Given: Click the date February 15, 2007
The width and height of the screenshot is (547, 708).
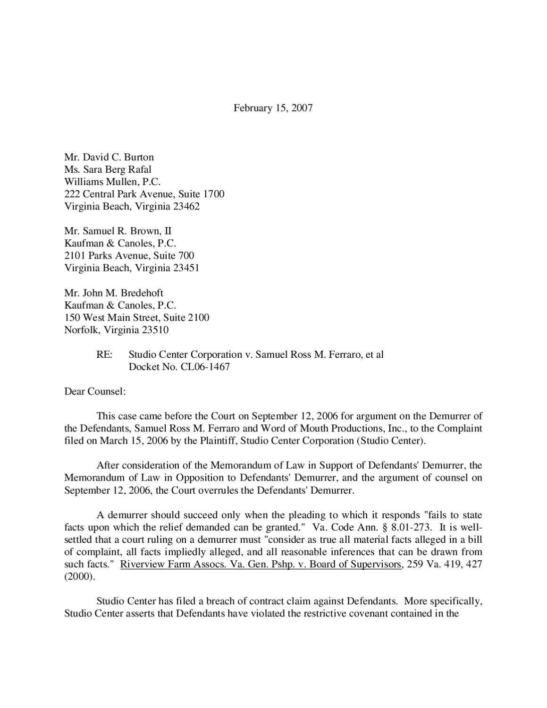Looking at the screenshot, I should pyautogui.click(x=273, y=108).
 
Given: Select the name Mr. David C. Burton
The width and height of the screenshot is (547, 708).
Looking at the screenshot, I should pyautogui.click(x=109, y=157).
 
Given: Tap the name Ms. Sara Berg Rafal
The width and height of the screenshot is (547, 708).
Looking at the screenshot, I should pyautogui.click(x=108, y=169).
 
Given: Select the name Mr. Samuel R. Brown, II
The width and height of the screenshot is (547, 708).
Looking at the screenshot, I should pyautogui.click(x=118, y=231).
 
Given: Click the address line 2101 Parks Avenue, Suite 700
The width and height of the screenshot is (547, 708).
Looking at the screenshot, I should pyautogui.click(x=129, y=255).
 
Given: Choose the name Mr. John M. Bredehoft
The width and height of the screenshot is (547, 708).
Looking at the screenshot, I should pyautogui.click(x=114, y=293).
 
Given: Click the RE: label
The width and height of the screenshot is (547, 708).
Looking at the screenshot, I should pyautogui.click(x=104, y=354).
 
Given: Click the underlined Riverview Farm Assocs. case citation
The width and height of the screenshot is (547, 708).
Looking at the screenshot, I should pyautogui.click(x=261, y=564).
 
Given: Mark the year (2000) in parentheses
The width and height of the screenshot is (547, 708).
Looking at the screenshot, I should pyautogui.click(x=79, y=577).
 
